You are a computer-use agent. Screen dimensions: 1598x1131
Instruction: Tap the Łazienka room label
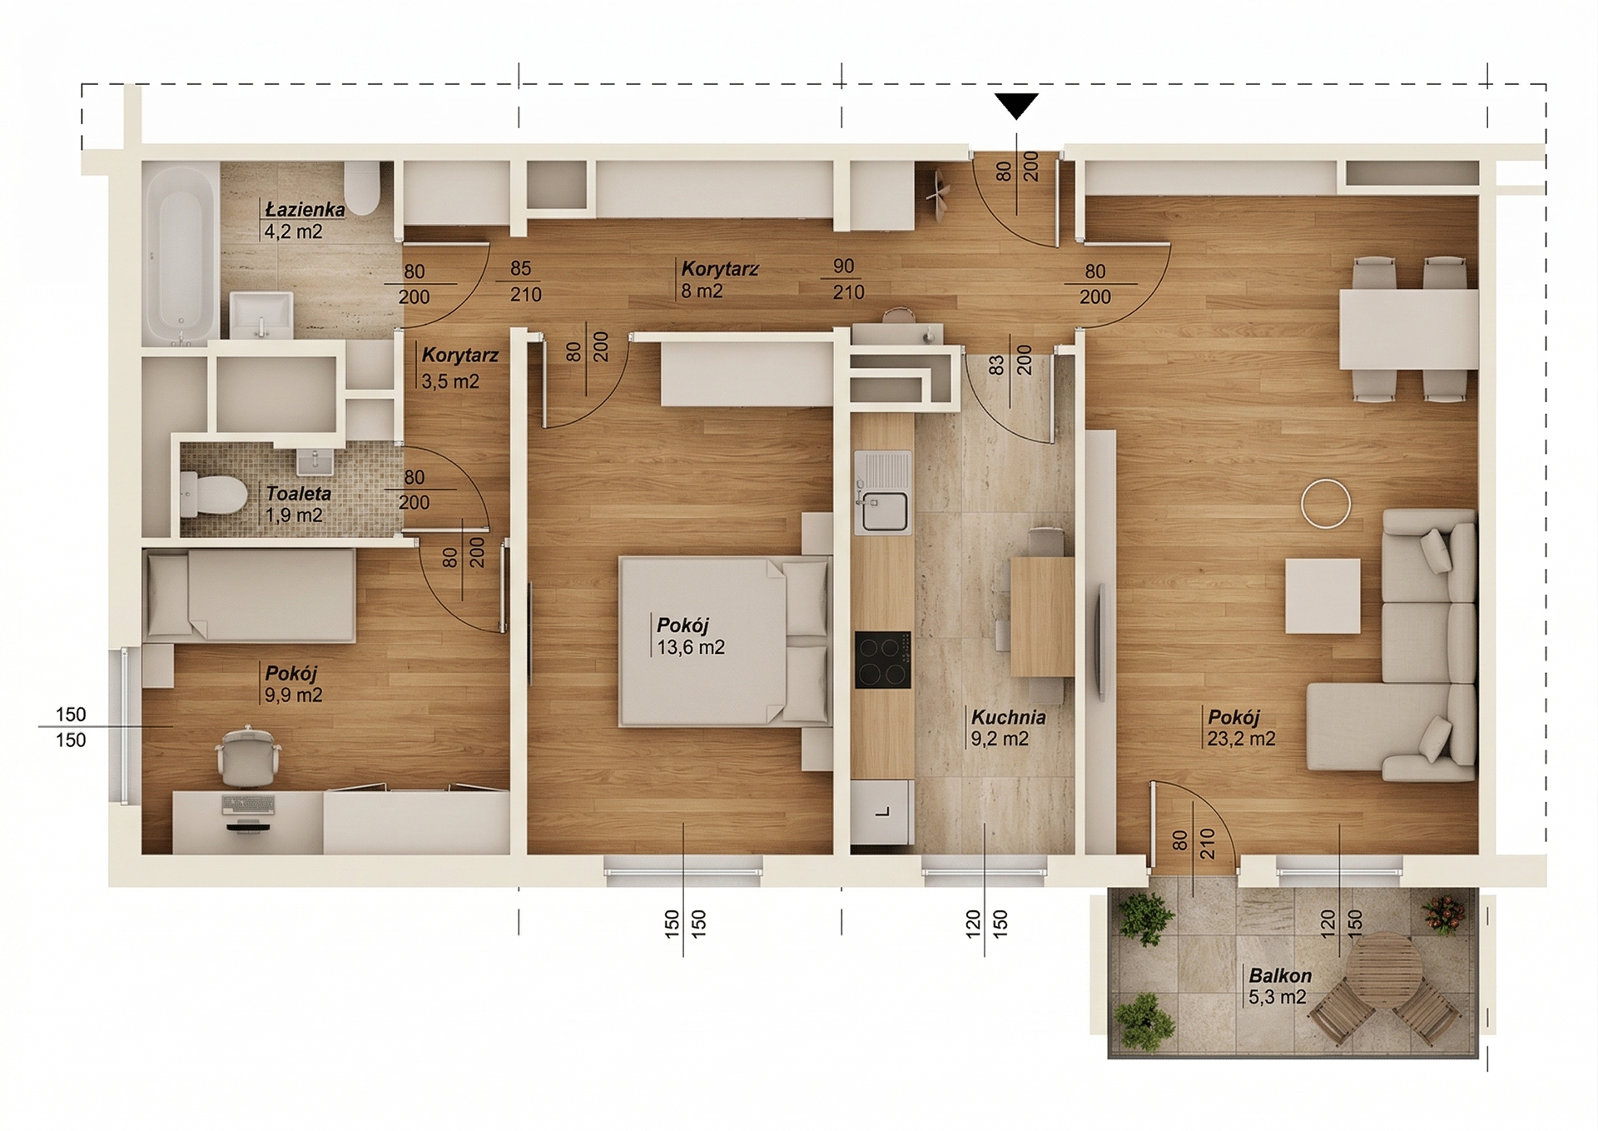pyautogui.click(x=305, y=210)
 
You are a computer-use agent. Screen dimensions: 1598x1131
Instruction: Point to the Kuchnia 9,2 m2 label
pyautogui.click(x=1008, y=728)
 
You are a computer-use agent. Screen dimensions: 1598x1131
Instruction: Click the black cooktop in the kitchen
pyautogui.click(x=883, y=660)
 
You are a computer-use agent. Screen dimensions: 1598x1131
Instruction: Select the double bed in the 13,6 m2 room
pyautogui.click(x=725, y=641)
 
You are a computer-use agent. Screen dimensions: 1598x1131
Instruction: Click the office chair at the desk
pyautogui.click(x=248, y=756)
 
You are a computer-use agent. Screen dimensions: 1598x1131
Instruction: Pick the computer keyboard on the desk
pyautogui.click(x=248, y=805)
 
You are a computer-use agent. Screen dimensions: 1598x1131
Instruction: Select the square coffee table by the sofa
pyautogui.click(x=1323, y=596)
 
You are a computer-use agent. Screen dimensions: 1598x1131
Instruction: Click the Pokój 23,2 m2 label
pyautogui.click(x=1241, y=728)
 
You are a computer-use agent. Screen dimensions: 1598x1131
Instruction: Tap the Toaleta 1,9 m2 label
pyautogui.click(x=298, y=504)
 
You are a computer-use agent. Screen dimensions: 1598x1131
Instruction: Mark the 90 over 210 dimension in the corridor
pyautogui.click(x=846, y=280)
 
